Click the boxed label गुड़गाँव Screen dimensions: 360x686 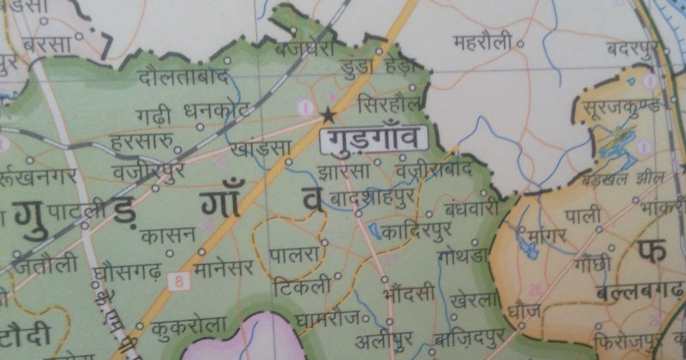[x=374, y=139]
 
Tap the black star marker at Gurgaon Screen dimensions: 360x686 [x=328, y=116]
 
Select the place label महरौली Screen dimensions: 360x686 [x=482, y=43]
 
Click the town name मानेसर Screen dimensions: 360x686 [x=224, y=268]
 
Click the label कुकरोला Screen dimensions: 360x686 [x=189, y=326]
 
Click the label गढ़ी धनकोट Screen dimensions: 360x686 [x=193, y=110]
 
